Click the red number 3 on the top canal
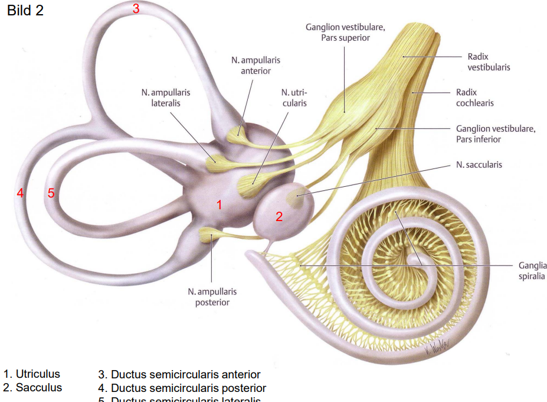[136, 9]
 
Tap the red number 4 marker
[21, 193]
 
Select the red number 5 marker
[51, 193]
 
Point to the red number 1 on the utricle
[219, 205]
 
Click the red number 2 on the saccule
[279, 217]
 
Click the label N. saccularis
[479, 164]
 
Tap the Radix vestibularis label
[489, 62]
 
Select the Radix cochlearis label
[474, 98]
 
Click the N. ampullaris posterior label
[212, 297]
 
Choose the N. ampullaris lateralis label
[166, 98]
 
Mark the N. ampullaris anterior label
[256, 65]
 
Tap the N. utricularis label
[294, 98]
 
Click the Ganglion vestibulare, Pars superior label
[345, 33]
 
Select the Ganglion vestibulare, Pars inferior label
[496, 134]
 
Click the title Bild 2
[25, 11]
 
